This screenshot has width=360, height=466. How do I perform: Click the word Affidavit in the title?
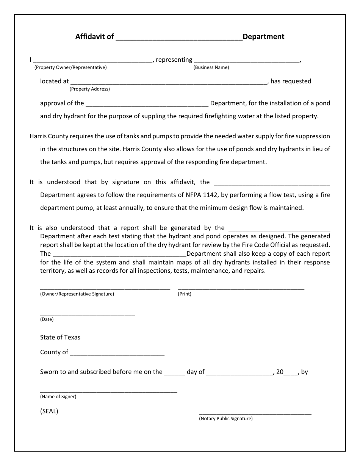[90, 37]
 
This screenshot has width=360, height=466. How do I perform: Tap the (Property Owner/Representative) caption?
[70, 67]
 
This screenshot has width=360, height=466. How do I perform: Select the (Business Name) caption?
[211, 67]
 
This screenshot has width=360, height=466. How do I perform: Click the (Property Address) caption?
[89, 89]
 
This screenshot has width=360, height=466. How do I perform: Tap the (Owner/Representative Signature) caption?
[77, 294]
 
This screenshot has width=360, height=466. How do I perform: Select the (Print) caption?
[185, 294]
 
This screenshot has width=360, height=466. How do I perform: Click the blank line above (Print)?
[241, 289]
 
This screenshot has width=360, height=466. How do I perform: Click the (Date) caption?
[47, 319]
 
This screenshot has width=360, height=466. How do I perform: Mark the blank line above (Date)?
[88, 314]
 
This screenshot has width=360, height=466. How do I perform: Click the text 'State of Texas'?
[60, 337]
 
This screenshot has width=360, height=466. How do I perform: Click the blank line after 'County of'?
[117, 355]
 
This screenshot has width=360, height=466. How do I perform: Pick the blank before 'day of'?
[175, 374]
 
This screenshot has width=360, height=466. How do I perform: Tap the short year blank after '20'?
[291, 374]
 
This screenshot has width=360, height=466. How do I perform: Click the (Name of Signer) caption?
[58, 397]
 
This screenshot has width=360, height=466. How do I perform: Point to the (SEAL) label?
[49, 411]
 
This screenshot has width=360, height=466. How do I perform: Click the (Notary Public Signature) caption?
[226, 419]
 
